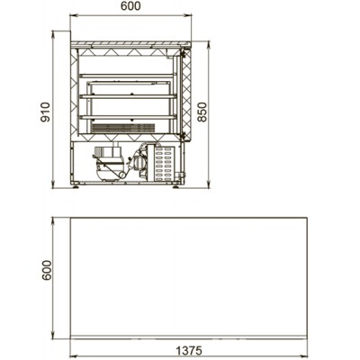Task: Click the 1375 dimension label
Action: pyautogui.click(x=189, y=350)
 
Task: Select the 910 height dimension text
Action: pyautogui.click(x=45, y=112)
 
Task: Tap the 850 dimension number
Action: pyautogui.click(x=202, y=112)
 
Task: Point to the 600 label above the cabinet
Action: pyautogui.click(x=130, y=6)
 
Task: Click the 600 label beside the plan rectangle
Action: pyautogui.click(x=47, y=270)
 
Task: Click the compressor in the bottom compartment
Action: pyautogui.click(x=109, y=163)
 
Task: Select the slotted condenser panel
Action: pyautogui.click(x=165, y=163)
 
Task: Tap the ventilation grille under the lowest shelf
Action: pyautogui.click(x=123, y=128)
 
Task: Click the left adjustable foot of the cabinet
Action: pyautogui.click(x=75, y=186)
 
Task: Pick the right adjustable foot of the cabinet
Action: pyautogui.click(x=175, y=186)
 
